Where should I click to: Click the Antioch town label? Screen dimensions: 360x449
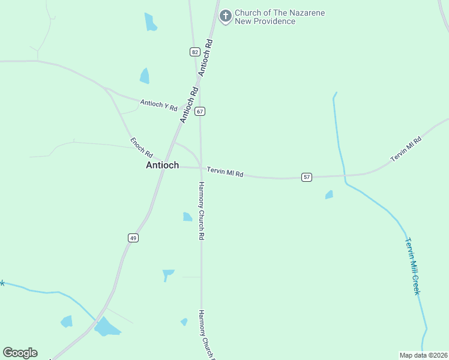[x=162, y=165]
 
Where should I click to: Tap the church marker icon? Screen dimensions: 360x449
[x=226, y=16]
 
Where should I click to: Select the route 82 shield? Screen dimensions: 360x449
[x=194, y=52]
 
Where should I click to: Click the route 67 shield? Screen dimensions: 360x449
[x=200, y=111]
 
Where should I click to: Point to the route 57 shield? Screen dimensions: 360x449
[x=307, y=177]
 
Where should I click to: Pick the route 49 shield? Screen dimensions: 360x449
[x=133, y=238]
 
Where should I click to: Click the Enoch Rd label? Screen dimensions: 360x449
[x=142, y=148]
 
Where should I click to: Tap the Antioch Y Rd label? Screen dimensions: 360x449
[x=159, y=105]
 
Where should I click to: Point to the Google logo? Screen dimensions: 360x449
[x=20, y=353]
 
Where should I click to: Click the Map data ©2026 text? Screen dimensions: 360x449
[x=423, y=355]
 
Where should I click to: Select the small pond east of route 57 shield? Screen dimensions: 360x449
[x=329, y=195]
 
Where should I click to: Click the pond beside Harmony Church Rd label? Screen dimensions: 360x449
[x=187, y=217]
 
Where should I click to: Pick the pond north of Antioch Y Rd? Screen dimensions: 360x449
[x=145, y=76]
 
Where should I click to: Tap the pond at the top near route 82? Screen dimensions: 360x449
[x=150, y=22]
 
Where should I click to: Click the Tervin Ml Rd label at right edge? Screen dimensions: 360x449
[x=406, y=149]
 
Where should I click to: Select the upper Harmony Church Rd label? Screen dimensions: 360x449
[x=202, y=211]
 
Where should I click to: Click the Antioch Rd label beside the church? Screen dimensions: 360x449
[x=206, y=57]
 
